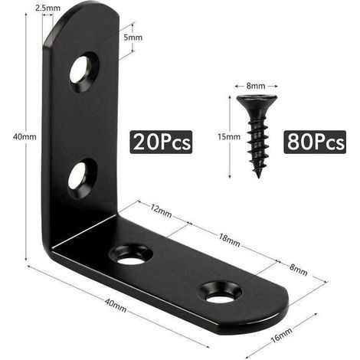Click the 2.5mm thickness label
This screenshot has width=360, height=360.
tap(47, 8)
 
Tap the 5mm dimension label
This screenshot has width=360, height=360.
tap(133, 38)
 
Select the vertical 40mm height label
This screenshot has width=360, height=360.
tap(25, 137)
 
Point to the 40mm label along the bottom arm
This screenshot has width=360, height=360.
tap(116, 305)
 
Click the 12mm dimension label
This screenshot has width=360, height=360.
tap(161, 211)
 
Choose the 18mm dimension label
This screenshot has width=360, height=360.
tap(229, 241)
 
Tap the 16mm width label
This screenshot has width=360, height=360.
tap(281, 335)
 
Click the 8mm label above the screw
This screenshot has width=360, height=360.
tap(256, 86)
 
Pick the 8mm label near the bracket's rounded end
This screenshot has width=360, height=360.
tap(298, 270)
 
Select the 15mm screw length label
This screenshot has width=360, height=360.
tap(229, 137)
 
